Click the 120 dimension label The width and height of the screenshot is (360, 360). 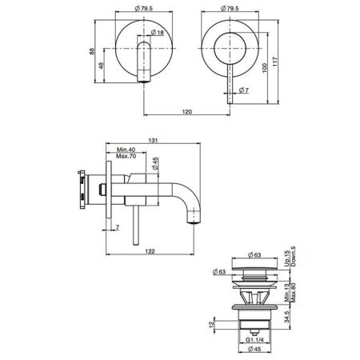[x=186, y=112]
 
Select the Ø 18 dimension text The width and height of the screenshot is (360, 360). [x=157, y=33]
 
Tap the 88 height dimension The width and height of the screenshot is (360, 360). [x=92, y=51]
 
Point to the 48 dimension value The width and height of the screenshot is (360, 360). [x=102, y=66]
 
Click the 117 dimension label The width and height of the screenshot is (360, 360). [x=275, y=62]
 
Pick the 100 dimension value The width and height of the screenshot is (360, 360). [x=265, y=69]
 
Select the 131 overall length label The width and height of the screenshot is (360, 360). [x=153, y=140]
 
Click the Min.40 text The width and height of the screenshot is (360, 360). [x=126, y=150]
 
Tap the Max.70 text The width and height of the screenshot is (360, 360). [x=126, y=156]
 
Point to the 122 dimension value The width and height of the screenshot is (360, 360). [x=150, y=251]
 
